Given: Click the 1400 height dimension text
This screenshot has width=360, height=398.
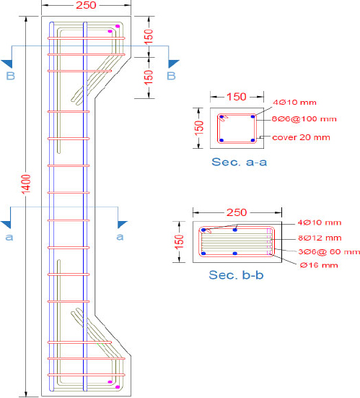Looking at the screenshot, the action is coord(27,183).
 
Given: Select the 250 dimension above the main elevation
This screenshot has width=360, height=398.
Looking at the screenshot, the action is coord(86,5).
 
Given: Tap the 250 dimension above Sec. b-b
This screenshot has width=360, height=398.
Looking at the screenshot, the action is coord(237,212).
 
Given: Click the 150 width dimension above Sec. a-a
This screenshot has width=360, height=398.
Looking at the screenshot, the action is coord(237,97).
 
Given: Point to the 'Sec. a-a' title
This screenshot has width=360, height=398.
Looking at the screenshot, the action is coord(240,162).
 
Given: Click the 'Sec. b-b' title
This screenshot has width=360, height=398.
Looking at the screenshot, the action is coord(236,275).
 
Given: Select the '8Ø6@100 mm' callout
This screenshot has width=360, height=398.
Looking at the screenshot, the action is coord(304,118).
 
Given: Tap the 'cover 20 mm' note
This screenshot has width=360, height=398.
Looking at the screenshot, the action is coord(301,137).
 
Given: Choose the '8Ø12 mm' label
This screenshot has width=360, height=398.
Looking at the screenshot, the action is coord(320,238).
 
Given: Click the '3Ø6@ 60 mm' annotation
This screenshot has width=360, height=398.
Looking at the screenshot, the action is coord(329,252).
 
